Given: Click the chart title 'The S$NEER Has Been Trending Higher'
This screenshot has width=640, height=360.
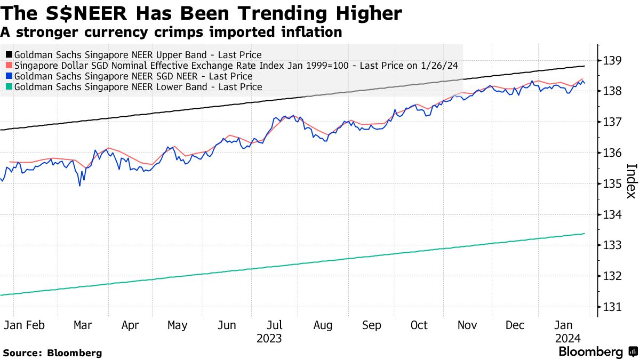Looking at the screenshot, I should (x=201, y=13).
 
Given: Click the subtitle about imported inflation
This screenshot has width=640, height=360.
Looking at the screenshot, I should (x=171, y=32).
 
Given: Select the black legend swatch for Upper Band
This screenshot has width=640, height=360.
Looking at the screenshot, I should (x=9, y=55).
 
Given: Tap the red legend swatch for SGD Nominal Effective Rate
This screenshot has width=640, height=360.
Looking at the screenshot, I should (x=9, y=66).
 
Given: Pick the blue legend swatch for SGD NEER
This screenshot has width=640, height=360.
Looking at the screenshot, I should (x=9, y=76).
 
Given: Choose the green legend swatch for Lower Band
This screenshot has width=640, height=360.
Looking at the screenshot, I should (x=9, y=86).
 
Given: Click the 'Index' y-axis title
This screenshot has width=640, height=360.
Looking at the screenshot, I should (x=630, y=180).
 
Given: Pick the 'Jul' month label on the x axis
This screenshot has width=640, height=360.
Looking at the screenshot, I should (x=275, y=325).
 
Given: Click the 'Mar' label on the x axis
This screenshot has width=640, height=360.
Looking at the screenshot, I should (x=83, y=325).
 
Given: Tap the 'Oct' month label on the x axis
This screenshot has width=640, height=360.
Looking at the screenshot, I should (x=419, y=325).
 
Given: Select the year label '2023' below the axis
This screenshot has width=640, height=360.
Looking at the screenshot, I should (x=269, y=339).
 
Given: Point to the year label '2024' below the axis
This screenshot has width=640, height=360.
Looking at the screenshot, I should (x=568, y=339).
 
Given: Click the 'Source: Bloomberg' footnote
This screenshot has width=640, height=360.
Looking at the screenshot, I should (x=52, y=353).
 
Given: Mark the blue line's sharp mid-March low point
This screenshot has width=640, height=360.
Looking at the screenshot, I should (x=79, y=186).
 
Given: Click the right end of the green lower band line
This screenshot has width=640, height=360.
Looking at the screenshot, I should (x=585, y=234).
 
